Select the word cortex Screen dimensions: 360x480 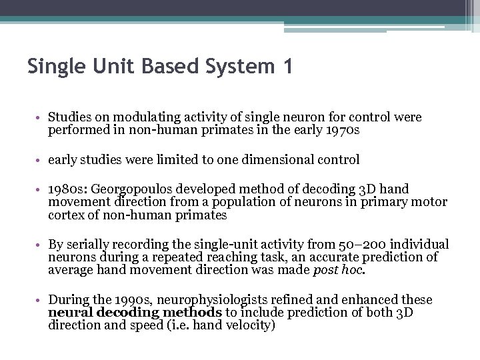tap(65, 215)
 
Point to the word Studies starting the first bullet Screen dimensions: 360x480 tap(69, 117)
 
